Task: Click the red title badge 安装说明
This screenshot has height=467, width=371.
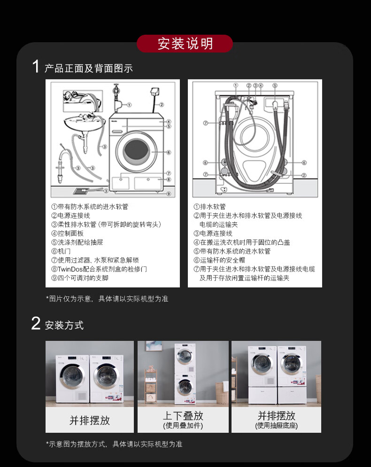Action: (185, 44)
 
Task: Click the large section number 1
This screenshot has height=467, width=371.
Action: (36, 66)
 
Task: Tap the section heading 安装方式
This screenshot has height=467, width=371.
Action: (64, 325)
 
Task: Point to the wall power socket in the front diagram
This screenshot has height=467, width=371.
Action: (155, 91)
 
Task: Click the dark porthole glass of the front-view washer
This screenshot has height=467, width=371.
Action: (136, 149)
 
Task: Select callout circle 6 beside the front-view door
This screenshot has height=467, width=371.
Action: (169, 152)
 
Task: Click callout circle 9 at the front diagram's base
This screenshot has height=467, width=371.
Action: (169, 194)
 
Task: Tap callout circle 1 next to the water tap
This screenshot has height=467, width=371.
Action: (129, 105)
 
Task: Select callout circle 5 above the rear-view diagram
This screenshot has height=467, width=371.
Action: (275, 85)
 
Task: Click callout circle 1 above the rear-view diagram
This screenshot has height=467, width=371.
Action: (236, 85)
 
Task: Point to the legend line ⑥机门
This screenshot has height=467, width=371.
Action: (61, 251)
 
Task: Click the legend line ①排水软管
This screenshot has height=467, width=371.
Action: (209, 206)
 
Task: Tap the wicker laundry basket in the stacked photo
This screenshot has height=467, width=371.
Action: (222, 393)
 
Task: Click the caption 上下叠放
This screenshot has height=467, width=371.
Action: (183, 415)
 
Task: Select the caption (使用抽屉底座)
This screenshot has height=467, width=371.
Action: (277, 426)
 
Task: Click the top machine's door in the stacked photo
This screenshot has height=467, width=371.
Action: (184, 357)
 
